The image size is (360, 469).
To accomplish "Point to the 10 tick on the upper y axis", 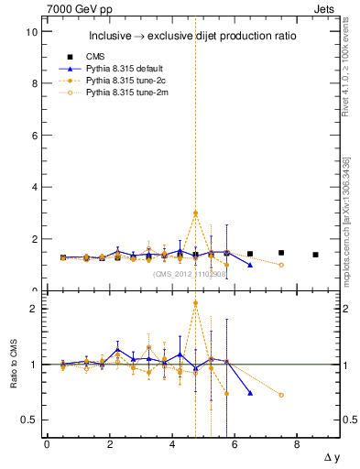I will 32,32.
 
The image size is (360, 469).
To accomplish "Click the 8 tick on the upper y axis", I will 32,83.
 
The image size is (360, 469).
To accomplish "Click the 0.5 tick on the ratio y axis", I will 28,420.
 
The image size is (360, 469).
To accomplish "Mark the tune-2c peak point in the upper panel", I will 196,213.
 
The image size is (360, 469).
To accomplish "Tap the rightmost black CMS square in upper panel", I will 315,255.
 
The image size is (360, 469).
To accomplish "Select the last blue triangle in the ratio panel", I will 250,393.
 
